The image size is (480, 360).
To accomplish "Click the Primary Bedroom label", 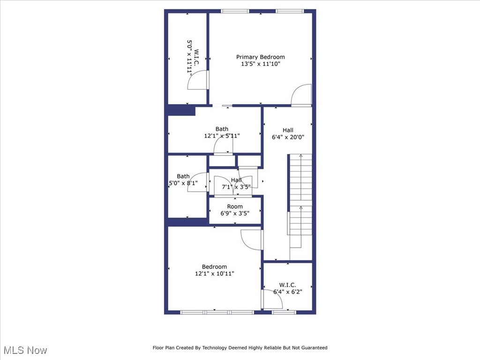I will [260, 57].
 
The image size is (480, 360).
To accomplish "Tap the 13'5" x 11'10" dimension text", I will [260, 64].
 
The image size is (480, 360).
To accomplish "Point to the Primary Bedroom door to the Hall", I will [301, 96].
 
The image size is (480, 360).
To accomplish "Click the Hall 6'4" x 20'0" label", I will [288, 134].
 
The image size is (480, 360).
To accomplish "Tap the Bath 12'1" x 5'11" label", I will [222, 133].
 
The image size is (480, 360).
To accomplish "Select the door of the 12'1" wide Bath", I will [223, 147].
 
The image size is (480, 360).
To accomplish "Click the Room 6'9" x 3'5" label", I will [235, 210].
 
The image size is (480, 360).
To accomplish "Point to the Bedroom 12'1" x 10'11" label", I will [214, 270].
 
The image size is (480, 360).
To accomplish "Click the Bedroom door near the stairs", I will [252, 240].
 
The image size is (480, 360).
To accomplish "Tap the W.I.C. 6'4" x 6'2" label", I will [288, 288].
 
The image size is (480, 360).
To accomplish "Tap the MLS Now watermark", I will [25, 350].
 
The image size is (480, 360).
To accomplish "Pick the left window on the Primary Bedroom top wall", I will [235, 11].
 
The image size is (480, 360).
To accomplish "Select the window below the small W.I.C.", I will [284, 312].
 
